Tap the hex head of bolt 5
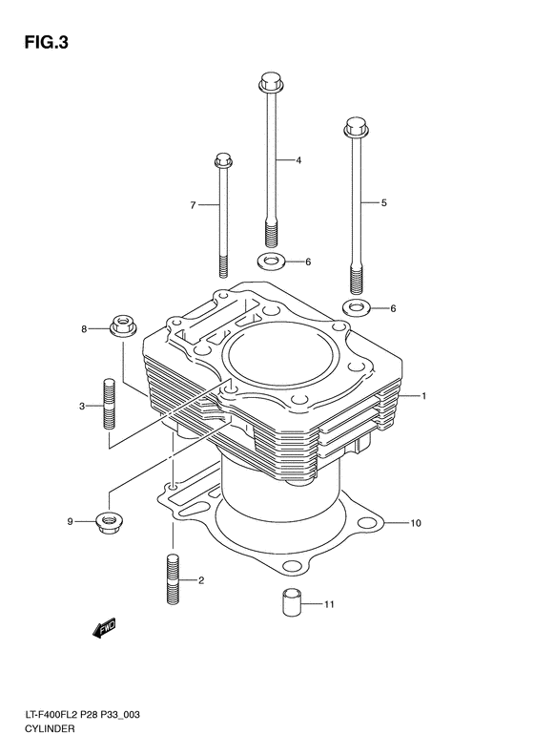[355, 125]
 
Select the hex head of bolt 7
[224, 159]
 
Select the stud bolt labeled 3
[109, 406]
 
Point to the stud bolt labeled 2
[173, 578]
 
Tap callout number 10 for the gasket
[415, 523]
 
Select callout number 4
[298, 160]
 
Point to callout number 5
[383, 202]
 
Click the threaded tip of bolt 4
[271, 233]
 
